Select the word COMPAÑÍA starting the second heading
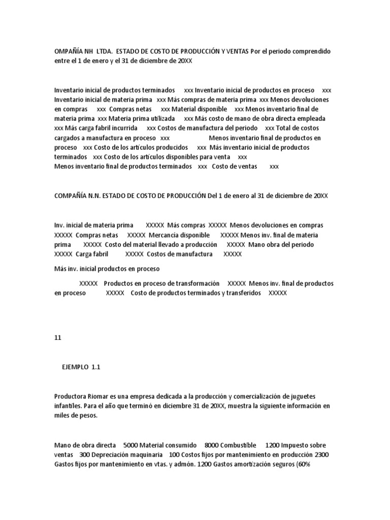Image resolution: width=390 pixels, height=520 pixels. point(71,196)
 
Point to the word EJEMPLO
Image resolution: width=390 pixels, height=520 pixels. point(75,367)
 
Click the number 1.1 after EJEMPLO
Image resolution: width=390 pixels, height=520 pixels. point(97,367)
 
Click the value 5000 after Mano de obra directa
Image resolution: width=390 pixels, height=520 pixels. point(129,445)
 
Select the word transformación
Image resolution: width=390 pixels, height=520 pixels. point(195,283)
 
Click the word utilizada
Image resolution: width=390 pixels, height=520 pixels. point(148,118)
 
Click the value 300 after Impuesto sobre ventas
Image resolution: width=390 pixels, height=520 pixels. point(84,454)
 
